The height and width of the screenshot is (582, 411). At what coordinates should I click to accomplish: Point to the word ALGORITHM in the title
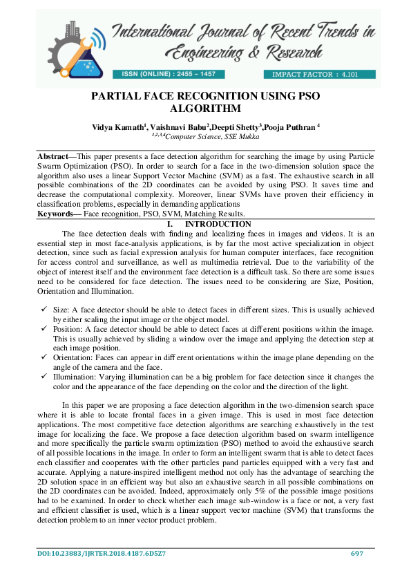pos(205,109)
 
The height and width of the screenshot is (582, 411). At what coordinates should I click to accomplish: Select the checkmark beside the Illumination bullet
pos(43,377)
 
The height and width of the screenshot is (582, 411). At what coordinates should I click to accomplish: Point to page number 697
pos(356,554)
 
